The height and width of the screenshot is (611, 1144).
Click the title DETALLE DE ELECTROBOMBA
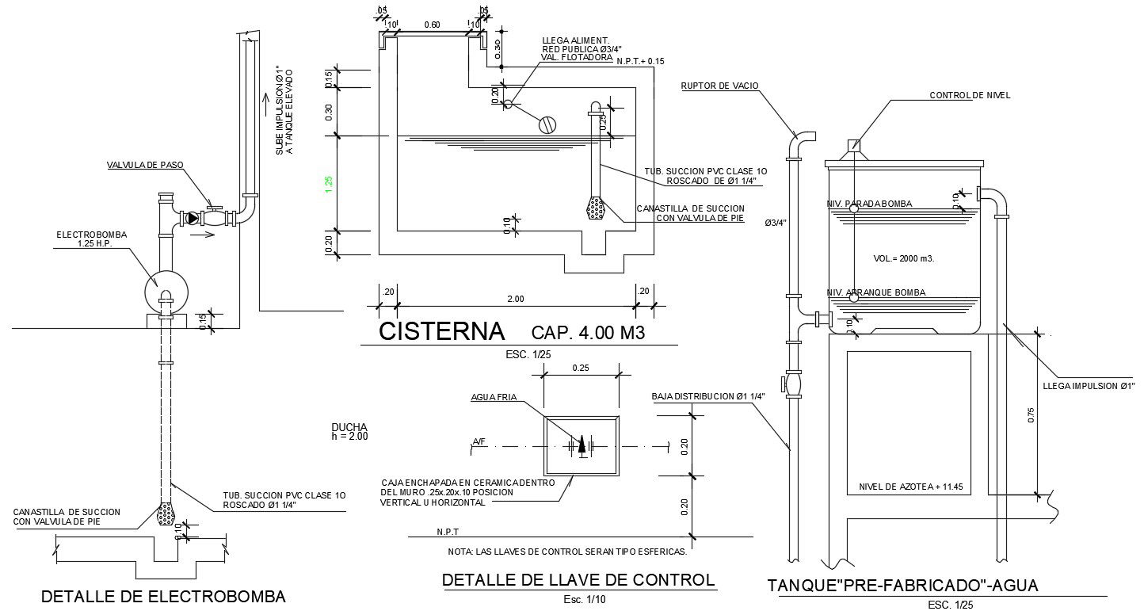(162, 596)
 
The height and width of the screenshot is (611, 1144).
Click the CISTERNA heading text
(441, 331)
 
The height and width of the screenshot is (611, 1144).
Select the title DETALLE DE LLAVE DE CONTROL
(578, 580)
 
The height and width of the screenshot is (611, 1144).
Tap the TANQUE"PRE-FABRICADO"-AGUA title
(902, 586)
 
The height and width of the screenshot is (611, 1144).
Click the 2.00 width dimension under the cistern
(515, 299)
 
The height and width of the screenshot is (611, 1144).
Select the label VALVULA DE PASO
(145, 165)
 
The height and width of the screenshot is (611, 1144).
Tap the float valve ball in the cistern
(547, 124)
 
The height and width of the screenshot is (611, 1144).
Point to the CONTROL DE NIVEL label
(970, 95)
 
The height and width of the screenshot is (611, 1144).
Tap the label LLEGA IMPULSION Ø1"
(1090, 385)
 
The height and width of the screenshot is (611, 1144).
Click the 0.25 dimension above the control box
(581, 367)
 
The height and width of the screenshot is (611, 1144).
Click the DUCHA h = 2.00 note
(349, 431)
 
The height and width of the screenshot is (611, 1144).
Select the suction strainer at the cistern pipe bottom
(596, 208)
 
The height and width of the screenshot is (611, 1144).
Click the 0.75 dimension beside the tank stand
(1032, 415)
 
